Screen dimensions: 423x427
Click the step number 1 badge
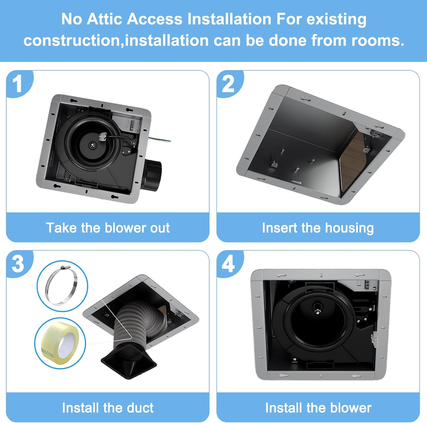click(18, 84)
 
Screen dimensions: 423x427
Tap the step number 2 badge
click(228, 84)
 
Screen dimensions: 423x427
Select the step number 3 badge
click(18, 264)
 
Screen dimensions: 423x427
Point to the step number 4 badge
click(228, 264)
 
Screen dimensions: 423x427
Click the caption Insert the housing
click(318, 228)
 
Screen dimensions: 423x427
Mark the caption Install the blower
click(318, 408)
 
